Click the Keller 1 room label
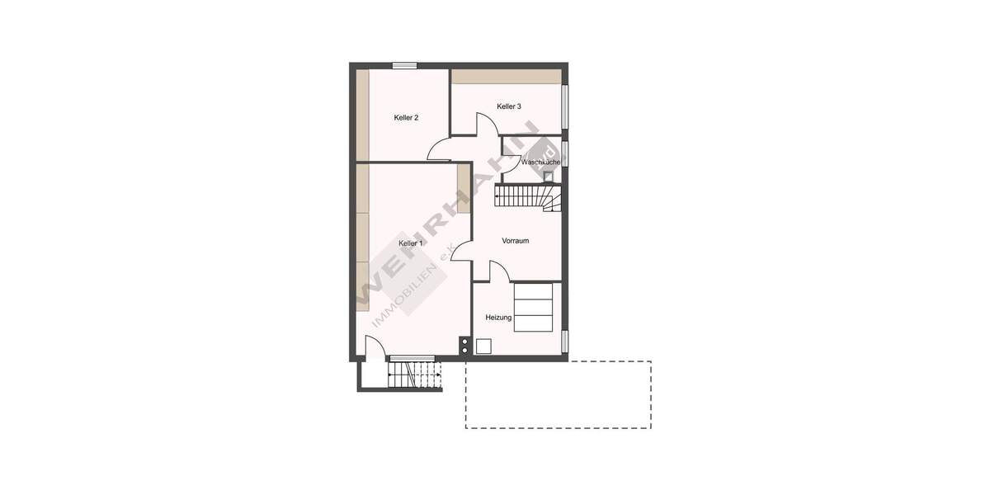tap(410, 243)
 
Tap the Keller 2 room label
tap(406, 118)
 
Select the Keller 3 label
tap(508, 106)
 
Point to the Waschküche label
tap(540, 163)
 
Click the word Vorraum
tap(515, 241)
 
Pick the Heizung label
tap(498, 318)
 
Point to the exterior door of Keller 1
tap(373, 350)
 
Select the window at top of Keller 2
tap(404, 65)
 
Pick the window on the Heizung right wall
tap(565, 341)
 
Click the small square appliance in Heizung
tap(484, 346)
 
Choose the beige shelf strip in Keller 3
tap(506, 77)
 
